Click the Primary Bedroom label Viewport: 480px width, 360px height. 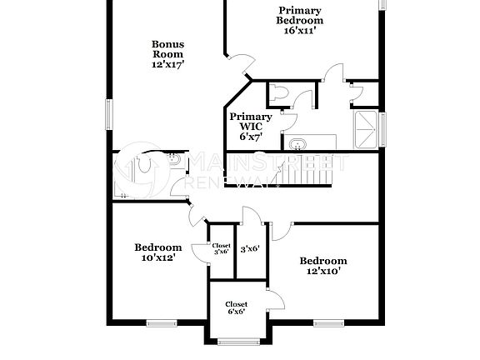[301, 15]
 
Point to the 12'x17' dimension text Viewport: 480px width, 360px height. [167, 63]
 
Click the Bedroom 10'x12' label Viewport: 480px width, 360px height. [158, 252]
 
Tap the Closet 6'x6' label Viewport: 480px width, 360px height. [236, 309]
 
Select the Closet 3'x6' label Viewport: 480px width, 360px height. [221, 248]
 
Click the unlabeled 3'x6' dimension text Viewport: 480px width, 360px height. [250, 248]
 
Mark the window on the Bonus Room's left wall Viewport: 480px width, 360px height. [107, 113]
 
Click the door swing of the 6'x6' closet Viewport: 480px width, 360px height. [273, 300]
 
